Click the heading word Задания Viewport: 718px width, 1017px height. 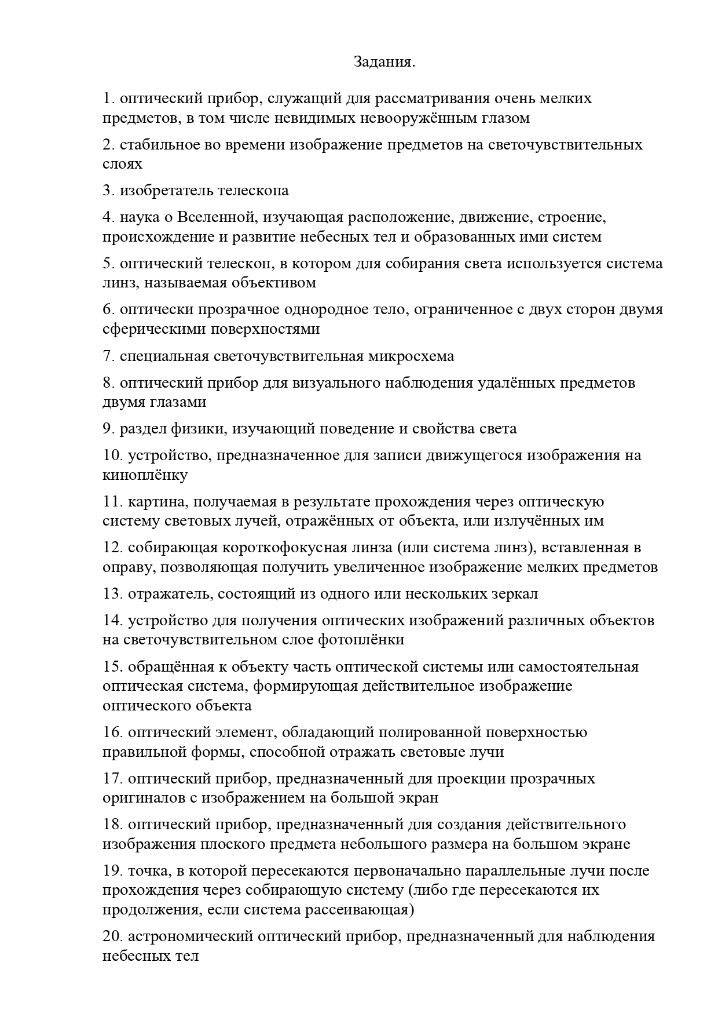point(384,61)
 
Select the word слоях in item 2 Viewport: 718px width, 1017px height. point(122,164)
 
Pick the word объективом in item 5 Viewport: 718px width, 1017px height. point(274,283)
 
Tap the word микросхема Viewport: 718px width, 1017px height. point(411,356)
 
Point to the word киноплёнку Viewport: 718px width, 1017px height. point(145,475)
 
